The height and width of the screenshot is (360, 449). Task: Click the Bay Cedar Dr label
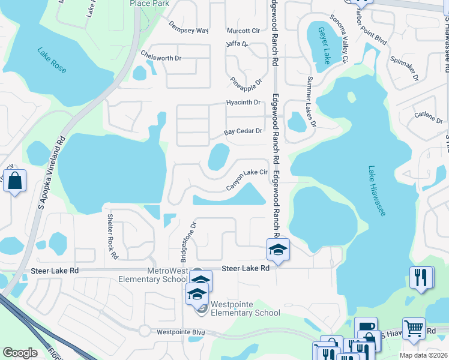click(x=243, y=131)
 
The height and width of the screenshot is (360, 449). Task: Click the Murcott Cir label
click(x=243, y=31)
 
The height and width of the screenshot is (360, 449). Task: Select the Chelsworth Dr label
click(x=160, y=58)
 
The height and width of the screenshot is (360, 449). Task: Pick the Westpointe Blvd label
click(x=181, y=332)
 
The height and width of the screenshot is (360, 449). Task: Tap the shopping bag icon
click(x=14, y=180)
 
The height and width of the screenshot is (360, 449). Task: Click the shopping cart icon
click(x=414, y=328)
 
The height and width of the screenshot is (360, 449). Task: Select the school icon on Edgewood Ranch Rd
click(x=278, y=249)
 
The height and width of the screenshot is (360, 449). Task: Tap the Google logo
click(x=20, y=353)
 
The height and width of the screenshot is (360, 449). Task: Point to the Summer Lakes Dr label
click(x=311, y=102)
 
